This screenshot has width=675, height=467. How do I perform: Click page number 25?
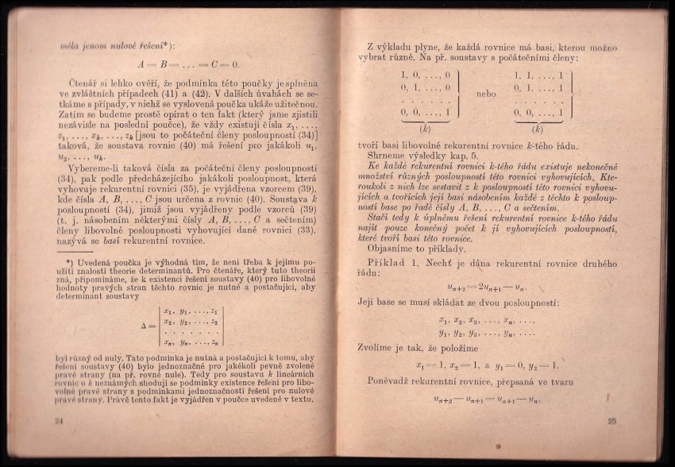coord(611,421)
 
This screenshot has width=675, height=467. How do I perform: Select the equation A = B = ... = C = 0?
coord(188,64)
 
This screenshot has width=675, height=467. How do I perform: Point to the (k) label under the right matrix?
coord(538,127)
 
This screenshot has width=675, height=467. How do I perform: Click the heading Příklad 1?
coord(394,262)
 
